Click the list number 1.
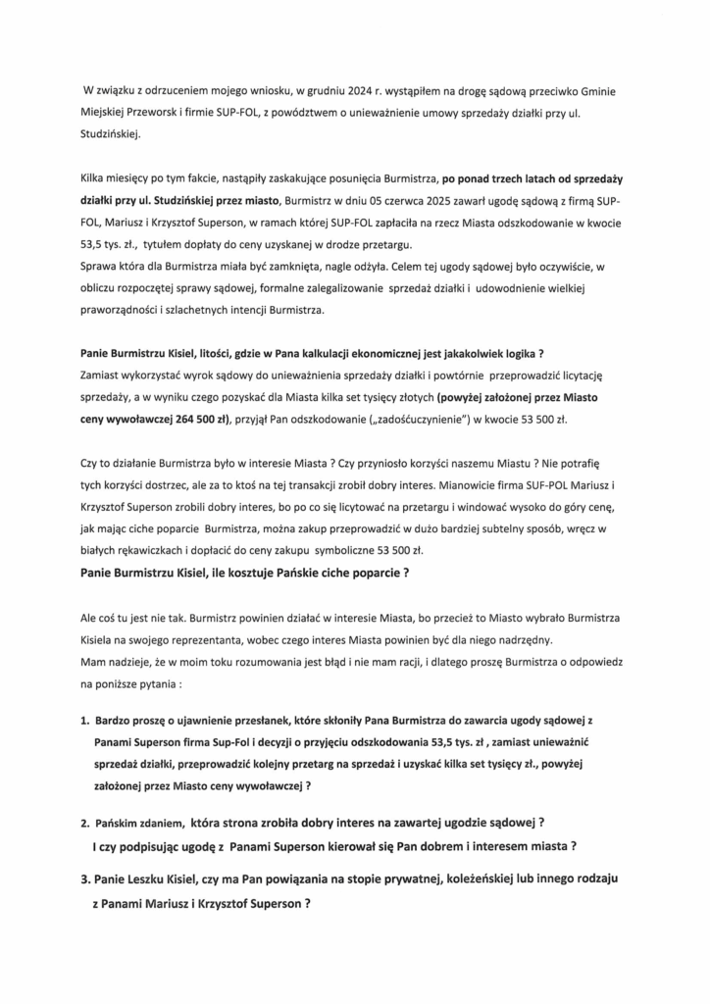pos(84,721)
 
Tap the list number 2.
pos(84,822)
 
